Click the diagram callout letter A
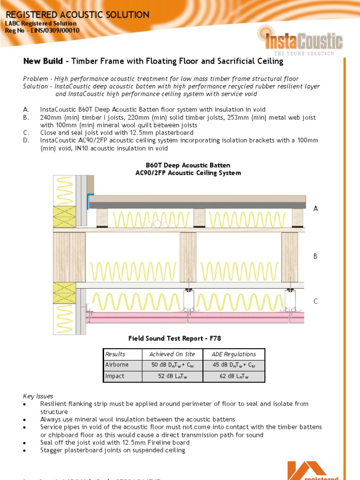point(315,209)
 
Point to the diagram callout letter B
point(315,256)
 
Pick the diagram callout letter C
point(315,301)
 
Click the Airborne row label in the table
point(117,365)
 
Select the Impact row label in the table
point(115,376)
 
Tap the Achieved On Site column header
point(172,354)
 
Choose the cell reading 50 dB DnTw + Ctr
point(172,365)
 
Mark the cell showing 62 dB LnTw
point(233,376)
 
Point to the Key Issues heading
point(38,396)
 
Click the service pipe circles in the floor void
point(157,225)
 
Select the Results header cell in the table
point(115,354)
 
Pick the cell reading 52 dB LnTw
point(172,376)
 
